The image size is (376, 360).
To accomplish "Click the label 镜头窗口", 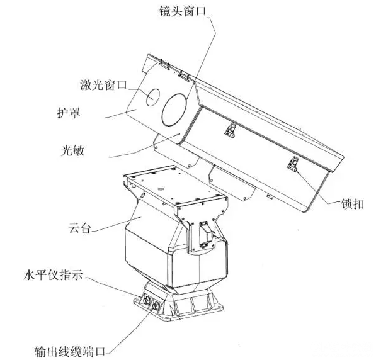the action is pos(183,11).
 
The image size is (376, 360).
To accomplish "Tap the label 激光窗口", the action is pos(103,85).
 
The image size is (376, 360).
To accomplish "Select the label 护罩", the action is pos(69,113).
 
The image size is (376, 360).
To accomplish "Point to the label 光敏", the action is pos(72,151).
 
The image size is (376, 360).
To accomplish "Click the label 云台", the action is pos(79,228).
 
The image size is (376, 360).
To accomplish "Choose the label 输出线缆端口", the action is pos(70,352).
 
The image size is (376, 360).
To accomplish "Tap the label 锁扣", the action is pos(353,204).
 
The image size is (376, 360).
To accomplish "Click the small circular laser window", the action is pos(153,98).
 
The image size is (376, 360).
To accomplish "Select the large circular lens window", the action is pos(174,110).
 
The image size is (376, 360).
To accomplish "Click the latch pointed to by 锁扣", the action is pos(293,164).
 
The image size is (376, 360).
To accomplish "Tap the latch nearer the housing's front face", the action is pos(231,131).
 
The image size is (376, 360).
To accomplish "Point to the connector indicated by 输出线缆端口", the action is pos(156,306).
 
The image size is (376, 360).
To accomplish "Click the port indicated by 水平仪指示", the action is pos(146,300).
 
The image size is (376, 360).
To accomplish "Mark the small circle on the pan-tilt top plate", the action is pos(161,189).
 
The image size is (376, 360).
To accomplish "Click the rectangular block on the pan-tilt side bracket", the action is pos(206,234).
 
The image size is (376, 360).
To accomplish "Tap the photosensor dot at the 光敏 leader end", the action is pos(179,134).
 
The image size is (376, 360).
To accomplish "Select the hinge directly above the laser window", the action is pos(164,64).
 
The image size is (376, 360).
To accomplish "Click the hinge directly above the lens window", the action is pos(184,76).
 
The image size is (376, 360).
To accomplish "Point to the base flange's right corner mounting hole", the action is pos(219,307).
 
